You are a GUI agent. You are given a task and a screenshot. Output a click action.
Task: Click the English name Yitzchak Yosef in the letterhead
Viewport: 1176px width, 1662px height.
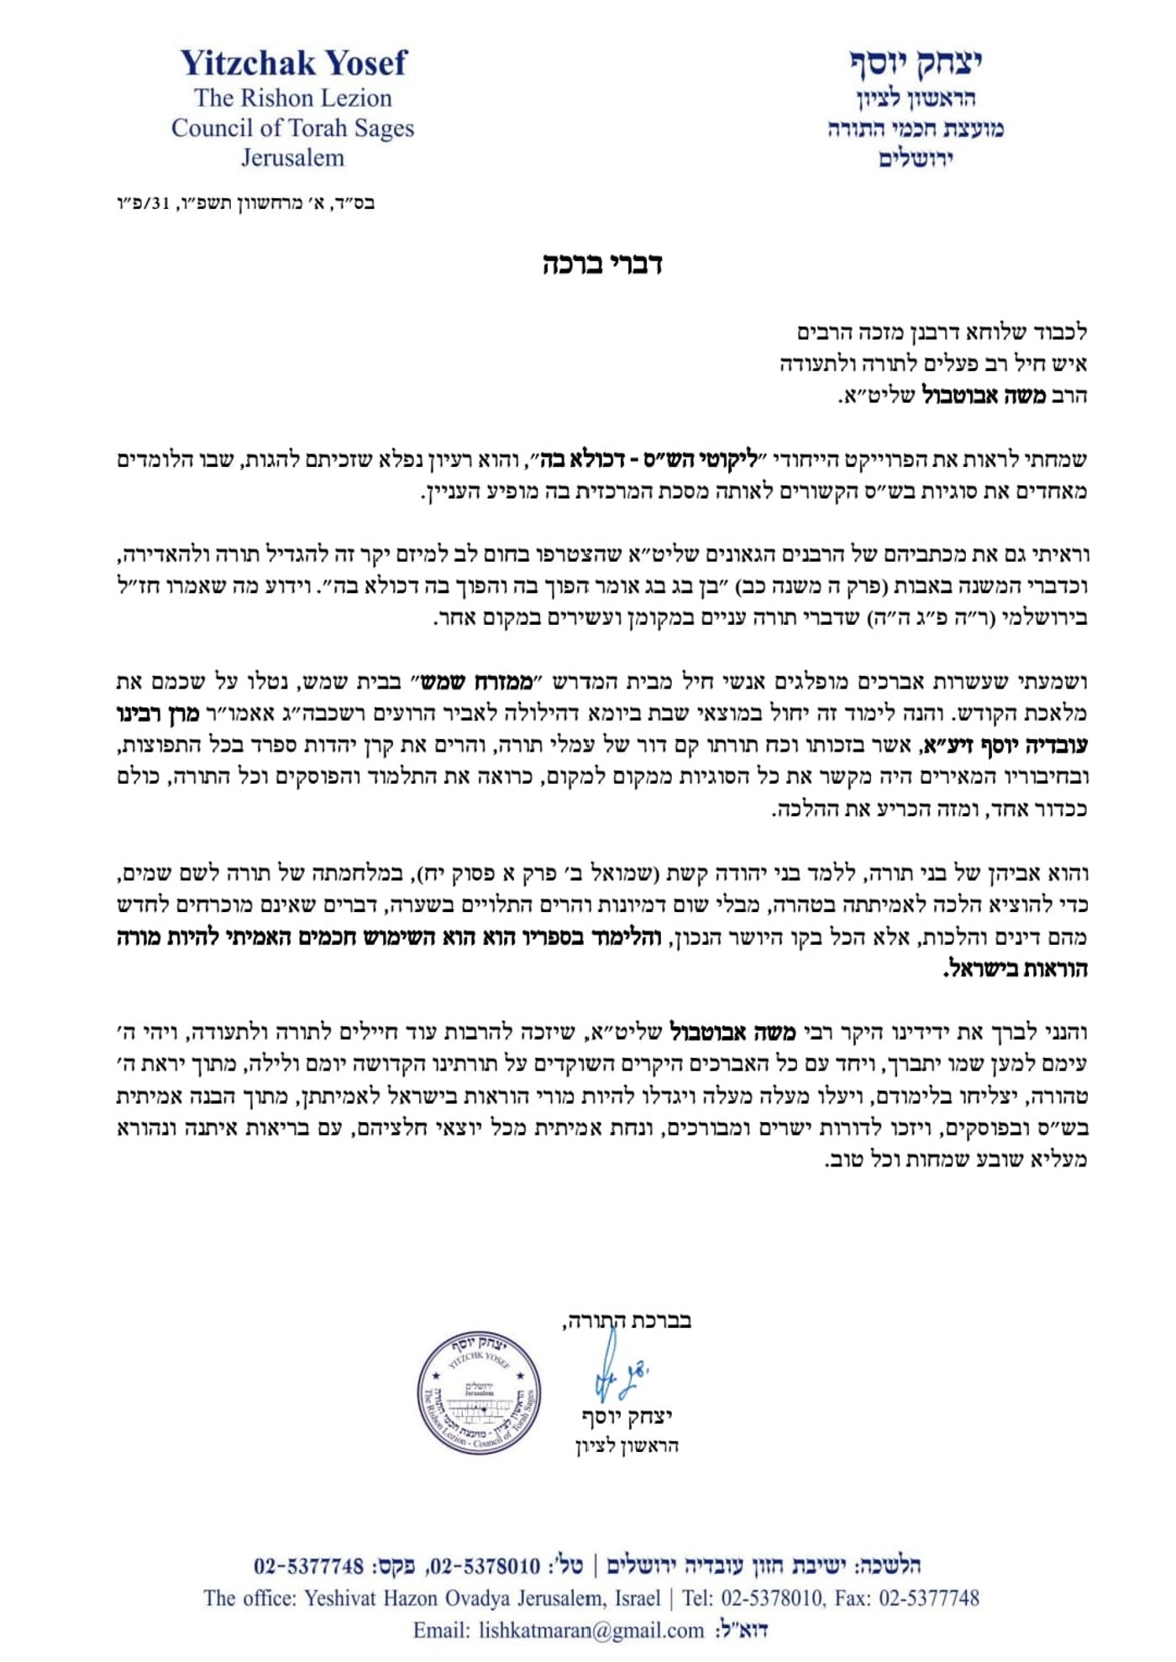click(x=293, y=63)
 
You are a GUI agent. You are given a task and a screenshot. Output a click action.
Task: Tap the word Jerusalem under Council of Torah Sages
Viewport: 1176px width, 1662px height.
click(x=292, y=158)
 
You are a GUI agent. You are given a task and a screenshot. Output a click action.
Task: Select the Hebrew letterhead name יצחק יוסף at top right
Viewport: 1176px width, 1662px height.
click(x=915, y=62)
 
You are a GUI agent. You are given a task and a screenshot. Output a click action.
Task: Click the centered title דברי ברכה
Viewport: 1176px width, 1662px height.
click(x=602, y=264)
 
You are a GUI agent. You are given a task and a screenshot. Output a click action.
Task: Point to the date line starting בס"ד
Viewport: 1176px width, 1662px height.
click(x=245, y=203)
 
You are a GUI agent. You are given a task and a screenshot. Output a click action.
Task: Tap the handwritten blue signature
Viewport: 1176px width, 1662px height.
click(x=617, y=1374)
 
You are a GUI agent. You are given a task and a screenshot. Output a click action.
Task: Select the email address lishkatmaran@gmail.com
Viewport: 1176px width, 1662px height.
click(x=591, y=1630)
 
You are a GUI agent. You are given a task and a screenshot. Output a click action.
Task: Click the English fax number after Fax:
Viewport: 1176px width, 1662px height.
click(x=929, y=1598)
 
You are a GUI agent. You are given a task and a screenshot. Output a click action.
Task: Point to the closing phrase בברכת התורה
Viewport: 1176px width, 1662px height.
click(x=627, y=1320)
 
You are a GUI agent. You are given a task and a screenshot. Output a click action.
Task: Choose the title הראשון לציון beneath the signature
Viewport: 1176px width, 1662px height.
click(x=627, y=1445)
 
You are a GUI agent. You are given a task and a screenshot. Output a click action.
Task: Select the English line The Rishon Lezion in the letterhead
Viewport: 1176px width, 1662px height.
click(x=292, y=98)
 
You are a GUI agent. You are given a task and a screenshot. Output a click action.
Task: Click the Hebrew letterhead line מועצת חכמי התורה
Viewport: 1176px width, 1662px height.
click(x=915, y=128)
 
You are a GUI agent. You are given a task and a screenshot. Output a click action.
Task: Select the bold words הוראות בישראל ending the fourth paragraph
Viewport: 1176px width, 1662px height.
click(x=1016, y=969)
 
